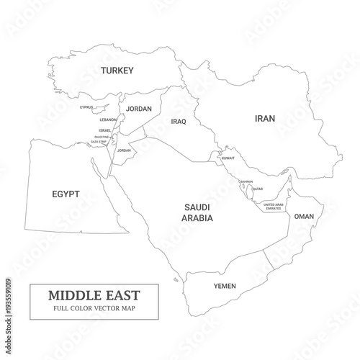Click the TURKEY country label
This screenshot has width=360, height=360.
coord(117,70)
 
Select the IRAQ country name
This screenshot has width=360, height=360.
coord(179,122)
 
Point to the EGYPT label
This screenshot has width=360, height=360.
coord(66,194)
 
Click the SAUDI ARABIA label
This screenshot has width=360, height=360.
coord(197,212)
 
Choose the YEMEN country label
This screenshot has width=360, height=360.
coord(225,286)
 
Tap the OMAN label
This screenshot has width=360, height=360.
coord(305,216)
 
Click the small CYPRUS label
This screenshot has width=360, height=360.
coord(86,107)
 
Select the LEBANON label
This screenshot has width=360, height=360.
coord(108,120)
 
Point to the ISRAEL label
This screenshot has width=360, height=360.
coord(105,130)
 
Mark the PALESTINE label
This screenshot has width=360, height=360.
coord(102,137)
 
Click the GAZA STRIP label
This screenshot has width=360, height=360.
coord(99,142)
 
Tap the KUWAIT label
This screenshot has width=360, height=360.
coord(228,158)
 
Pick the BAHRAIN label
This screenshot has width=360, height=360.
coord(246,181)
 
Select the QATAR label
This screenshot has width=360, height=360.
coord(258,189)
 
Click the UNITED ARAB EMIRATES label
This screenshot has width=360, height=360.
coord(274,206)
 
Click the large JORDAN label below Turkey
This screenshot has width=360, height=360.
coord(139,109)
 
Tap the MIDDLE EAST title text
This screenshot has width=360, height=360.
coord(94,295)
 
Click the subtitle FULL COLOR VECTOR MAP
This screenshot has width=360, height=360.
coord(94,308)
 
